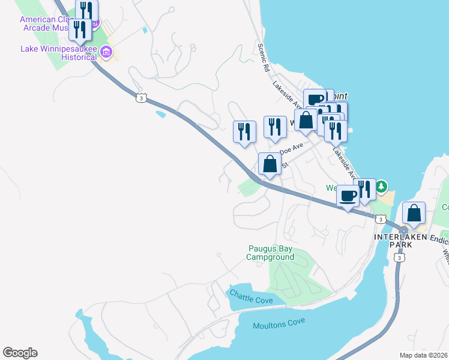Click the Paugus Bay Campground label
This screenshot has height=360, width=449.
pos(270,253)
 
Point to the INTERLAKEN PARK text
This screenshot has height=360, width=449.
pos(400,241)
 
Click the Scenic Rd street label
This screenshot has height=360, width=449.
pos(262,58)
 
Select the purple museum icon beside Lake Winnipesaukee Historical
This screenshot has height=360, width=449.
pos(106,53)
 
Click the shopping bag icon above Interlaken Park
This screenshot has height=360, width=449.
pos(414,213)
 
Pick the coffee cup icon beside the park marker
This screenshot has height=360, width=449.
pos(348,196)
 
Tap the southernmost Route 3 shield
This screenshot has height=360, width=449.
pos(399,257)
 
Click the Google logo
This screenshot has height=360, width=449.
pos(20,353)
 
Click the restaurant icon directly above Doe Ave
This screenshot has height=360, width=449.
pos(275,127)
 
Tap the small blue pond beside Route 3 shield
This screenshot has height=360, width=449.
pos(160,113)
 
